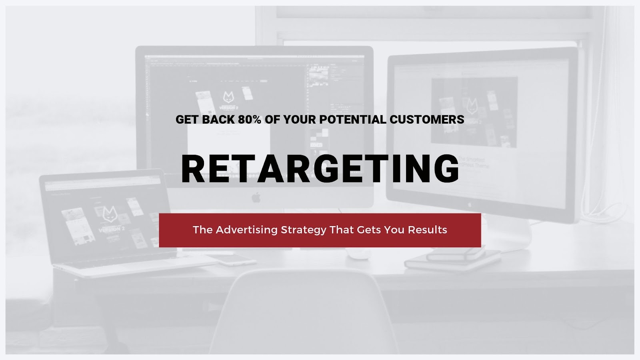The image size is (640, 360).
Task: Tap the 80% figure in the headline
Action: tap(250, 120)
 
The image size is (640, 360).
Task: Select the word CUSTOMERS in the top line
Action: tap(427, 120)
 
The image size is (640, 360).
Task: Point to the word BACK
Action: tap(218, 120)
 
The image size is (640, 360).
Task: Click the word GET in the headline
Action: tap(187, 120)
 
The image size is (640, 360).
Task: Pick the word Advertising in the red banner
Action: tap(246, 230)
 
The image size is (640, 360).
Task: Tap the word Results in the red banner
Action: tap(427, 230)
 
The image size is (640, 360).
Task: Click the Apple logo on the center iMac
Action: tap(256, 198)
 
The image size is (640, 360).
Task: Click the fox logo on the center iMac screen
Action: tap(228, 97)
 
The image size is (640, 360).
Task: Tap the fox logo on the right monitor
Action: tap(472, 106)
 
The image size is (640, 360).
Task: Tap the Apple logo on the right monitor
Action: tap(470, 204)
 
